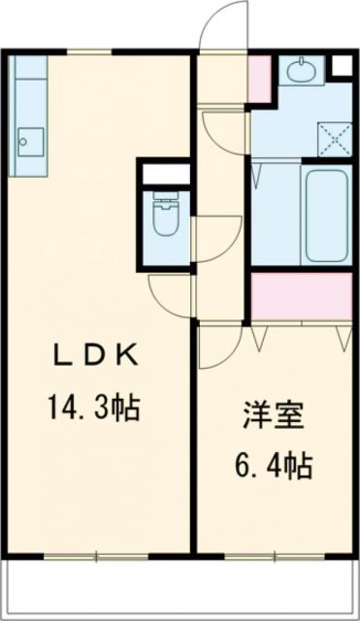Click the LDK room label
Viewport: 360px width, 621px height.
click(94, 357)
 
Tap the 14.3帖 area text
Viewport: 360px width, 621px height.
click(94, 406)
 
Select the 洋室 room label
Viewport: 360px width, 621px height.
click(274, 419)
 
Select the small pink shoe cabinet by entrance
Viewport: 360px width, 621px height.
click(260, 76)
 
